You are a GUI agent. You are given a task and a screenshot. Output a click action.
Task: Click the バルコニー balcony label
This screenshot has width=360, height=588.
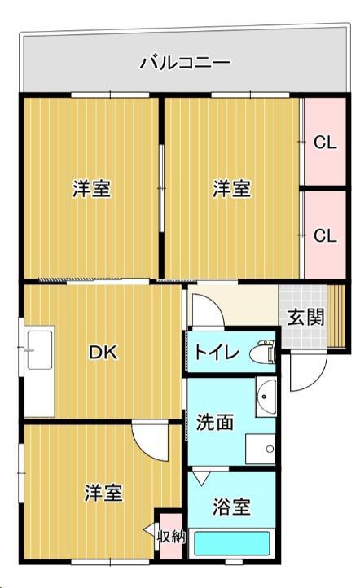tap(186, 62)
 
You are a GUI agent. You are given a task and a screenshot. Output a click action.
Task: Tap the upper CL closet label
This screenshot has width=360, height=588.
tap(325, 143)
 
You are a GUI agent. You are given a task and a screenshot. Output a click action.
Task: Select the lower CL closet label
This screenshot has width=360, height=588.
tap(325, 235)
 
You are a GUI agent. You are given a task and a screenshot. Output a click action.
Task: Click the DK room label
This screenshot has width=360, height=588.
tap(103, 353)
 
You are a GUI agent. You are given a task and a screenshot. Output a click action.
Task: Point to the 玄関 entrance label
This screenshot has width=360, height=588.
tap(305, 317)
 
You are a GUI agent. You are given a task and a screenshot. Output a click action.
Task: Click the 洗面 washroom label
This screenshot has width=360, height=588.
tap(215, 423)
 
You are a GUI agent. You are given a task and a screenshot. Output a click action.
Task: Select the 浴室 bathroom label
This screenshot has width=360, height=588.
tap(231, 507)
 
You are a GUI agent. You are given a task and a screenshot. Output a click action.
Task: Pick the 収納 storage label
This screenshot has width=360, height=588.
tap(170, 536)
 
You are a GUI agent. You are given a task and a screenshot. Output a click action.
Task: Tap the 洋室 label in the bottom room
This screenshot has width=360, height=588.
tap(104, 493)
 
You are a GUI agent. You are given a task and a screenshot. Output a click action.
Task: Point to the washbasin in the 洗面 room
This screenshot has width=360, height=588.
tap(266, 397)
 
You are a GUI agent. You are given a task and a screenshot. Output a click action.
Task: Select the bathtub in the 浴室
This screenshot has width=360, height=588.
tap(233, 543)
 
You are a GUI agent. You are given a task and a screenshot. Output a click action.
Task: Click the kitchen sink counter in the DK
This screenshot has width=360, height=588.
tap(38, 371)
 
